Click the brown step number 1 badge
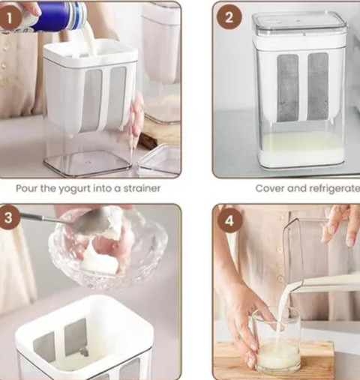pyautogui.click(x=9, y=18)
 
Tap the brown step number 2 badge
pyautogui.click(x=229, y=17)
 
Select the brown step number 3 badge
pyautogui.click(x=8, y=218)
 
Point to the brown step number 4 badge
pyautogui.click(x=230, y=220)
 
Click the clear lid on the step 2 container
pyautogui.click(x=299, y=25)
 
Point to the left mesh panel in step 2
pyautogui.click(x=288, y=88)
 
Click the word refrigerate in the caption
pyautogui.click(x=334, y=189)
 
